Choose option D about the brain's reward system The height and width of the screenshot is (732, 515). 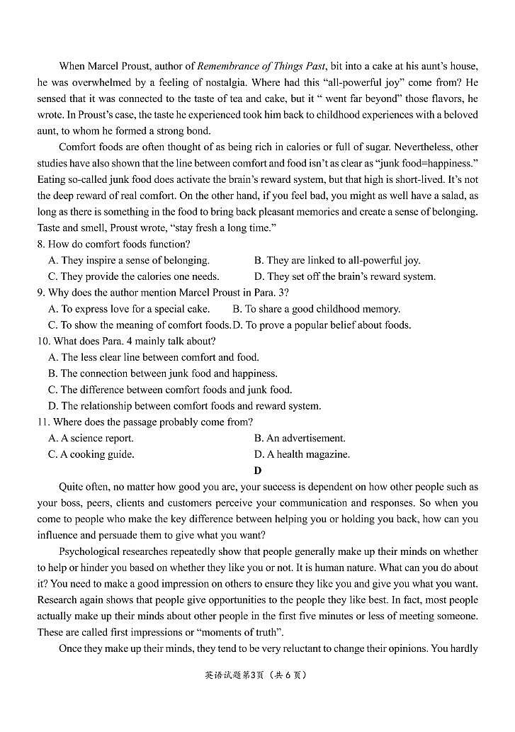click(x=344, y=277)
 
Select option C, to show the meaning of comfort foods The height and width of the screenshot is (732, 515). click(x=140, y=325)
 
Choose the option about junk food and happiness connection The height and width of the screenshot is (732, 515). click(x=162, y=373)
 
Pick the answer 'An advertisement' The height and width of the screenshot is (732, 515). click(x=300, y=439)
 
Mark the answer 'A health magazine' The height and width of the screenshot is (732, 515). click(x=302, y=455)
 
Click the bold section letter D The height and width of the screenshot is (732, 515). click(x=258, y=471)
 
